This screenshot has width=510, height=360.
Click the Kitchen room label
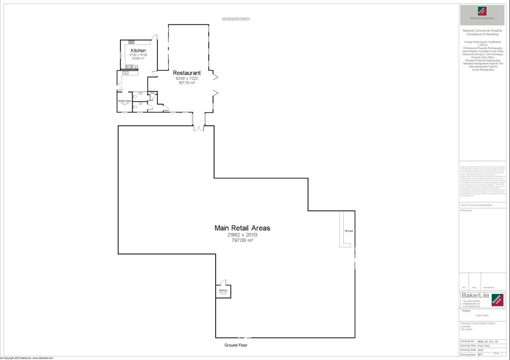pos(138,51)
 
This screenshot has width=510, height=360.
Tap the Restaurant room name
pos(186,73)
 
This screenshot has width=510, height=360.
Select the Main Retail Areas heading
pos(242,228)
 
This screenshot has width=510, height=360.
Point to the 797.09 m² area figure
pos(242,240)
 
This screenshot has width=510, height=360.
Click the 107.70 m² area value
pos(186,83)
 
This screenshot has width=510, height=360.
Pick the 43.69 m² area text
pos(138,59)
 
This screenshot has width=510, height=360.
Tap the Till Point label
pos(349,231)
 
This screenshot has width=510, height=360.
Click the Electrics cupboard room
pos(223,292)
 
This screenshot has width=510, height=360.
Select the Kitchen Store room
pos(125,102)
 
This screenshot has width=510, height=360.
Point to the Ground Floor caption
pos(235,345)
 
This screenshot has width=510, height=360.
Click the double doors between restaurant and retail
pos(199,128)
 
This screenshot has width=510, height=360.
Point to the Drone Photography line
pos(483,70)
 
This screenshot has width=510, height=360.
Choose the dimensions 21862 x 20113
pos(242,235)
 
